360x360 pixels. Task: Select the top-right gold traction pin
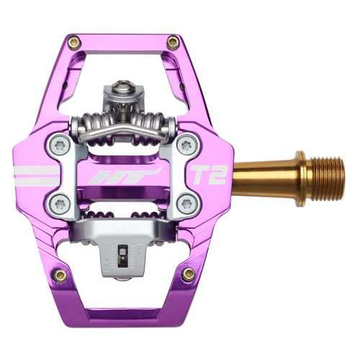(x=173, y=42)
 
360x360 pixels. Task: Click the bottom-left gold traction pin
(x=60, y=274)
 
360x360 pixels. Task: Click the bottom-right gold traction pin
(x=188, y=274)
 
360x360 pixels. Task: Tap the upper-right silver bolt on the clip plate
(x=186, y=145)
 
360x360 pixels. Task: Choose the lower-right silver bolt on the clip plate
(x=186, y=203)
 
